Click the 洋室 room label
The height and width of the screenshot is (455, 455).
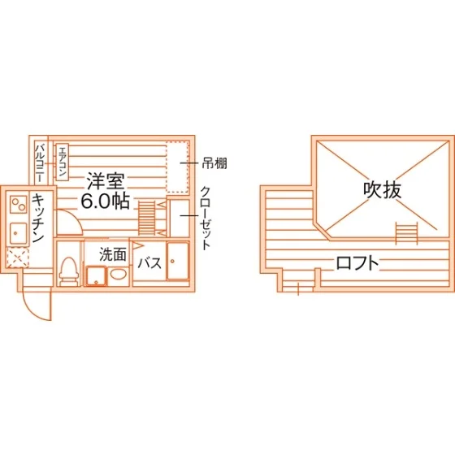(106, 181)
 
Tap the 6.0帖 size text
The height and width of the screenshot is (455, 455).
(105, 201)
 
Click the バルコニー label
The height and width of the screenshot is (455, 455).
(40, 162)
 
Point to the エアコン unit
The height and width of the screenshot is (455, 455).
(62, 162)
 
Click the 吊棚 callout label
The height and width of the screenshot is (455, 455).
(214, 163)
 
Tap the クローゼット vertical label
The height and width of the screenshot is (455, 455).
(206, 219)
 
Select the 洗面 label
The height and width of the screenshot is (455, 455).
(113, 254)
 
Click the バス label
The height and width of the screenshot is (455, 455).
(149, 263)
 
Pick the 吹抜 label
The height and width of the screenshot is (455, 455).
(383, 190)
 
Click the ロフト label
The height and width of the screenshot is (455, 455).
(357, 263)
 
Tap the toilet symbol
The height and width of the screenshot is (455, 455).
(69, 272)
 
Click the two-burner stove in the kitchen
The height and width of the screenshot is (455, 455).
(18, 204)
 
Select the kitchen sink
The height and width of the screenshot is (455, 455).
(18, 233)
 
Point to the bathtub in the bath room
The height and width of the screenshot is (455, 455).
(178, 261)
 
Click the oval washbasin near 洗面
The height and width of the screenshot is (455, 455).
(119, 274)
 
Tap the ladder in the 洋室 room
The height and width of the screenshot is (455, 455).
(147, 218)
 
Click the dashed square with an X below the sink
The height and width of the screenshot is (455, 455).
(18, 258)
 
